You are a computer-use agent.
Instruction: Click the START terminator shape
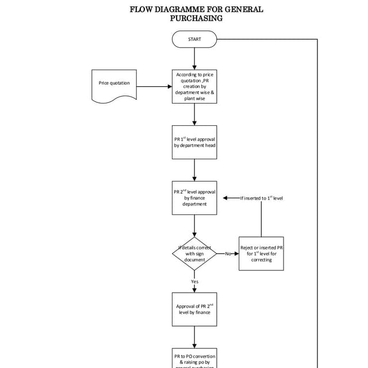[194, 39]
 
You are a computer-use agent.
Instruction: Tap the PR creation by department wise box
[194, 87]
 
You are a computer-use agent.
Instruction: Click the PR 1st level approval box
[194, 142]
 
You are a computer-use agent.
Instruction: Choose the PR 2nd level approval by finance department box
[194, 198]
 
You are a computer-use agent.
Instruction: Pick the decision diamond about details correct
[194, 254]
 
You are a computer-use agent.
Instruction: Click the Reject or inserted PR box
[261, 254]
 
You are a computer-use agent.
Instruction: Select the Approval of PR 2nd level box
[194, 309]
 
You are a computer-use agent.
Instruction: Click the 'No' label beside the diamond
[227, 254]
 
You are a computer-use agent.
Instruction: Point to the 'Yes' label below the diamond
[194, 282]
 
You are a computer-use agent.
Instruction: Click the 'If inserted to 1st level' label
[262, 198]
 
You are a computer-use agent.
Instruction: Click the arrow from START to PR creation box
[194, 58]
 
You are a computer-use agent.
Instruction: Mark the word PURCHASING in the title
[196, 18]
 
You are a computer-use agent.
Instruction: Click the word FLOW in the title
[142, 9]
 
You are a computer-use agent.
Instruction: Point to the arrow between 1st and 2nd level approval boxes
[194, 170]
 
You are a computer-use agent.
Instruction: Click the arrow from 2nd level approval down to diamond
[194, 225]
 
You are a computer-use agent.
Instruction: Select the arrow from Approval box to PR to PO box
[194, 337]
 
